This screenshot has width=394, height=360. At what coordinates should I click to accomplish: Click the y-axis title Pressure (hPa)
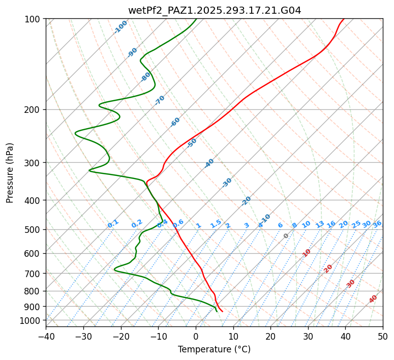(x=10, y=173)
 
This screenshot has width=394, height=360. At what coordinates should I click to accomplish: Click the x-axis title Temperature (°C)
(x=214, y=349)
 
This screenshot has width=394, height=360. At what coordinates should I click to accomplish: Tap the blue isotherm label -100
(x=120, y=27)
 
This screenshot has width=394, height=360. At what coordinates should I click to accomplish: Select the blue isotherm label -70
(x=160, y=100)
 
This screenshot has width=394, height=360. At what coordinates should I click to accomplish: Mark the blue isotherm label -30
(x=227, y=183)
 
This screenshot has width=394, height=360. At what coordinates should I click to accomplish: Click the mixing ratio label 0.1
(x=113, y=224)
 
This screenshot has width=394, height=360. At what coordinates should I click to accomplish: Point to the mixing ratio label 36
(x=377, y=224)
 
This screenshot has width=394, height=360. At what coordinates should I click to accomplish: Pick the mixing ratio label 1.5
(x=216, y=224)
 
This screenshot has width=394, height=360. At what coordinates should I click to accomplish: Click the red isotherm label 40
(x=373, y=299)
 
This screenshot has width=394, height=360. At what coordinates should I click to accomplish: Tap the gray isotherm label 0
(x=286, y=236)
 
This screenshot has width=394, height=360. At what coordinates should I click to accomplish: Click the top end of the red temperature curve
(x=343, y=19)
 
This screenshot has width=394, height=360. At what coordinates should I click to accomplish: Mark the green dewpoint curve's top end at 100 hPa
(x=196, y=19)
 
